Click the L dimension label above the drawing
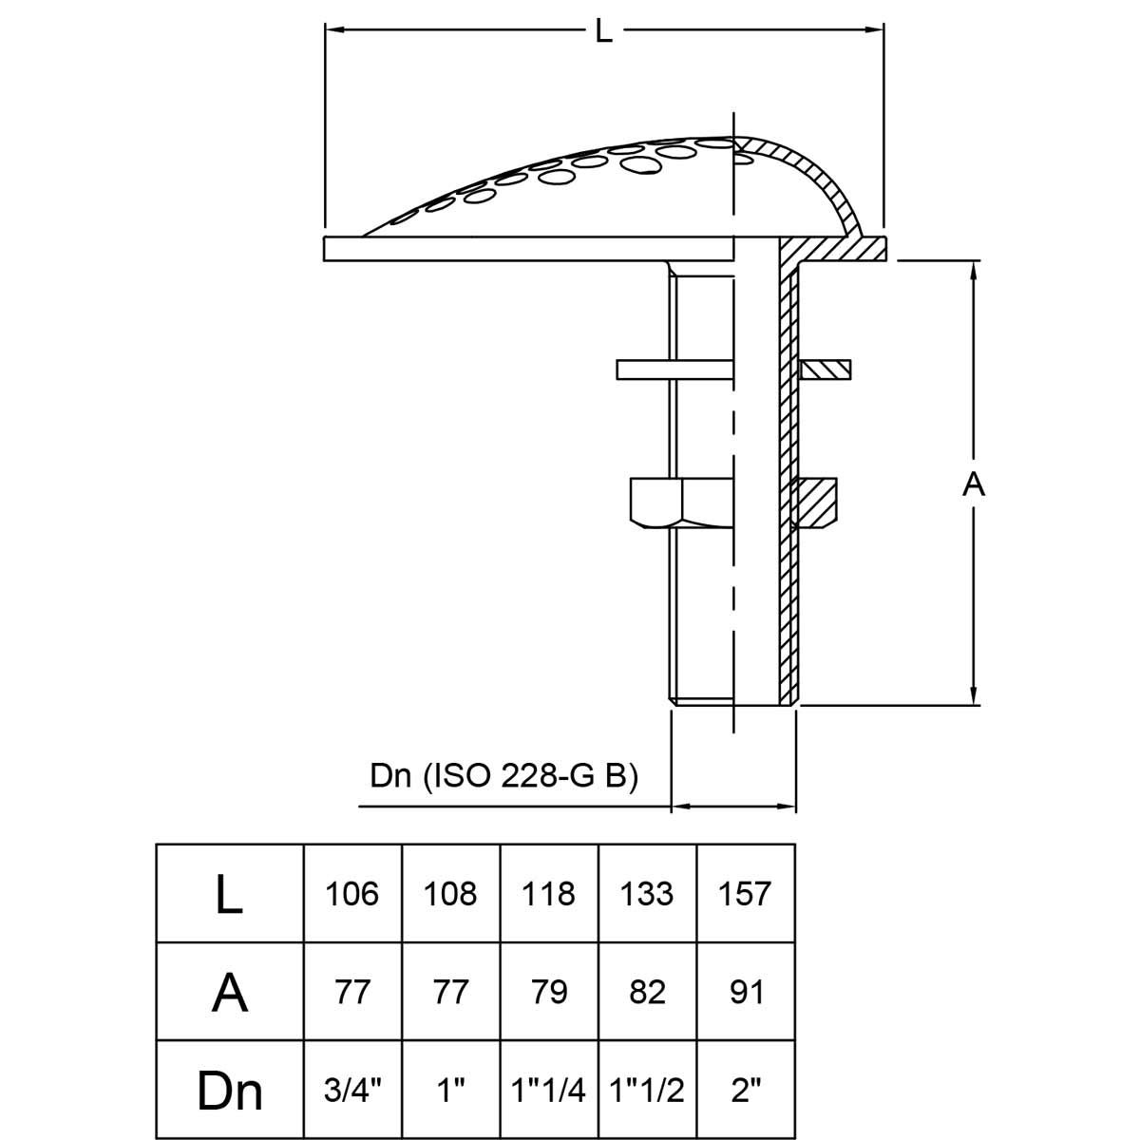[x=604, y=30]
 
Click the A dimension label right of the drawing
[x=974, y=484]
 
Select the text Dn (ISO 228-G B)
[x=503, y=775]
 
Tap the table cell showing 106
[x=352, y=894]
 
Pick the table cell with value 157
[x=746, y=894]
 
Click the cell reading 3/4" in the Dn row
[x=352, y=1091]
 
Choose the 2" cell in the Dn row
[x=746, y=1091]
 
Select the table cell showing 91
[x=746, y=992]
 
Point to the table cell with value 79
[x=549, y=992]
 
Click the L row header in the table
[x=229, y=894]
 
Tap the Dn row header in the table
[x=229, y=1091]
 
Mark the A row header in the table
[x=229, y=992]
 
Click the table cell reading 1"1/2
[x=647, y=1091]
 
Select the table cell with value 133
[x=647, y=894]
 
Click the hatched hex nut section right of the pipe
[x=816, y=502]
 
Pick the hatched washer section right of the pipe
[x=826, y=369]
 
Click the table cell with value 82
[x=647, y=992]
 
